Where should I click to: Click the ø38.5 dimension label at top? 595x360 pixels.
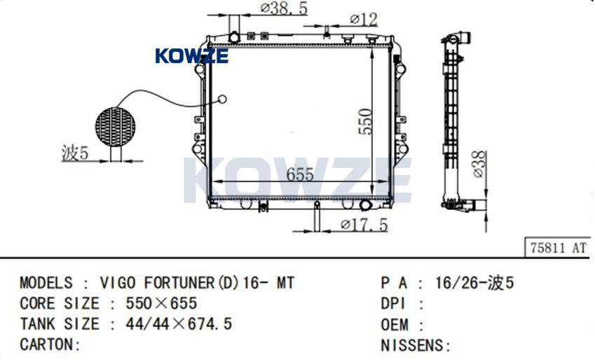[x=283, y=8]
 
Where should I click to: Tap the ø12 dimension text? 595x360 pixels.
[x=364, y=19]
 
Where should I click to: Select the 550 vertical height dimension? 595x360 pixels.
[x=365, y=122]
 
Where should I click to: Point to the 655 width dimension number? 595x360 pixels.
[x=300, y=174]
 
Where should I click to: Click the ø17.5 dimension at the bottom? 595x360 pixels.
[x=364, y=225]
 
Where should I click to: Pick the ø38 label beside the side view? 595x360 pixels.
[x=479, y=165]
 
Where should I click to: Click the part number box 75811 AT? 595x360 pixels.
[x=558, y=248]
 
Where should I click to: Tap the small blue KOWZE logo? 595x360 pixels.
[x=192, y=56]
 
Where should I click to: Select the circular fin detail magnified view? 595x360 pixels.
[x=115, y=126]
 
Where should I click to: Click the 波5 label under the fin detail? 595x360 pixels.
[x=75, y=153]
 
